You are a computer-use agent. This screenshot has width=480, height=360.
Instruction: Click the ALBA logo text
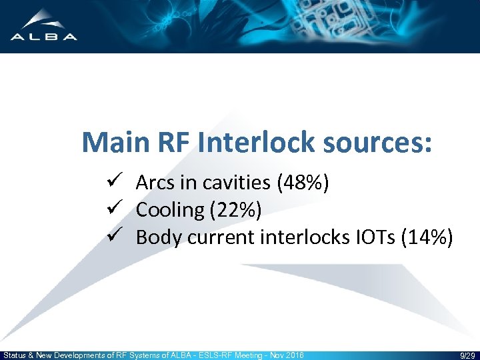(x=44, y=37)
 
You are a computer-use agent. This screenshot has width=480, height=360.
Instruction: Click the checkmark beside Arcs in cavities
(x=112, y=182)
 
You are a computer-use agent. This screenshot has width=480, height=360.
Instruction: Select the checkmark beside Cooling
(x=112, y=209)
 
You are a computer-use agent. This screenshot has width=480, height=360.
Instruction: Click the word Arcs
(x=154, y=183)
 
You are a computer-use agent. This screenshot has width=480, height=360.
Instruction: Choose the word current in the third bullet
(x=217, y=237)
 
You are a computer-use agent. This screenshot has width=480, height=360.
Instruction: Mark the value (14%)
(x=427, y=237)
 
